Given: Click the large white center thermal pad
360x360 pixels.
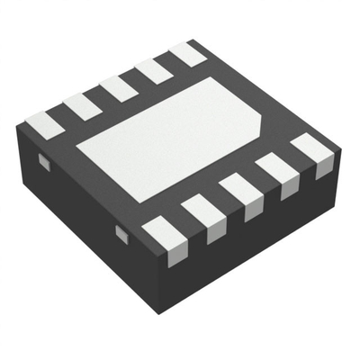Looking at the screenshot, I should (171, 135).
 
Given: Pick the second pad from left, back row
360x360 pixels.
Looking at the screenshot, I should (83, 105).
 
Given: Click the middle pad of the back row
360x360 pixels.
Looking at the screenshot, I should (119, 87).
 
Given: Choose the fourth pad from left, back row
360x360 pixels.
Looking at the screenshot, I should (155, 69).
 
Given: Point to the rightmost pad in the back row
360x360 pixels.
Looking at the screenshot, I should (189, 52).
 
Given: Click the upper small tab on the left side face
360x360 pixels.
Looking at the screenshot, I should (41, 161).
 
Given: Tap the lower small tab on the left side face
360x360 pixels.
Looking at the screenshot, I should (121, 233).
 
